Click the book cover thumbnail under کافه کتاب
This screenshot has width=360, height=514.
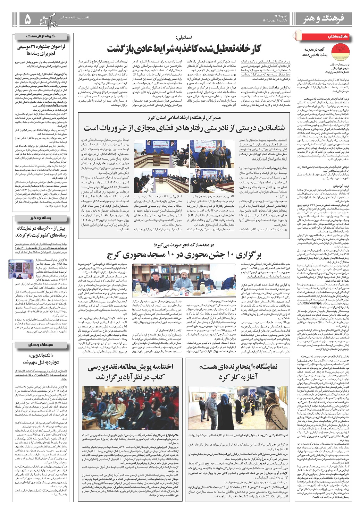336,52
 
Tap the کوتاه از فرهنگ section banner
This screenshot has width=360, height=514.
43,36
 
